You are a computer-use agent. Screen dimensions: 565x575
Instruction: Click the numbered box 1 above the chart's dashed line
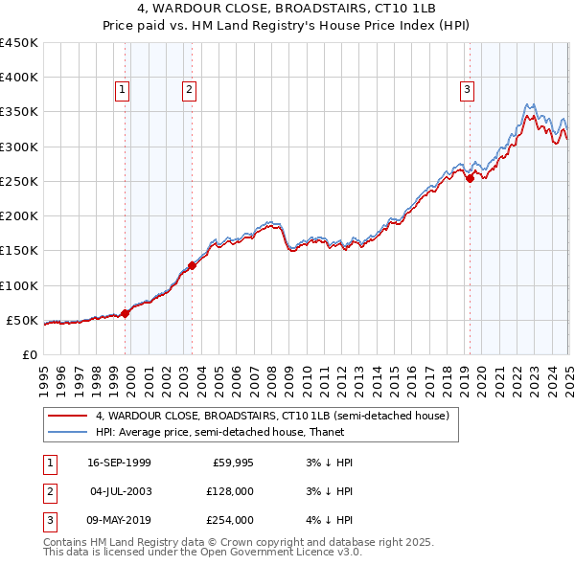124,91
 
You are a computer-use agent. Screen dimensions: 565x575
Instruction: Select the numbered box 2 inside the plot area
190,91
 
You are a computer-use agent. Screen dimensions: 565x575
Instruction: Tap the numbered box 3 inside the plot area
467,91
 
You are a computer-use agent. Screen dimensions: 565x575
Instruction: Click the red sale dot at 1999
126,313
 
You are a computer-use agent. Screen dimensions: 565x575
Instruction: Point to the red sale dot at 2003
192,265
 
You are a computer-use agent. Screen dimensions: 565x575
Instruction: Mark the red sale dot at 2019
470,178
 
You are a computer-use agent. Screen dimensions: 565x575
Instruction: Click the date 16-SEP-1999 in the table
119,463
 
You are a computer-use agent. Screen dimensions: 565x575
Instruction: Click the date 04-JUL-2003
119,492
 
